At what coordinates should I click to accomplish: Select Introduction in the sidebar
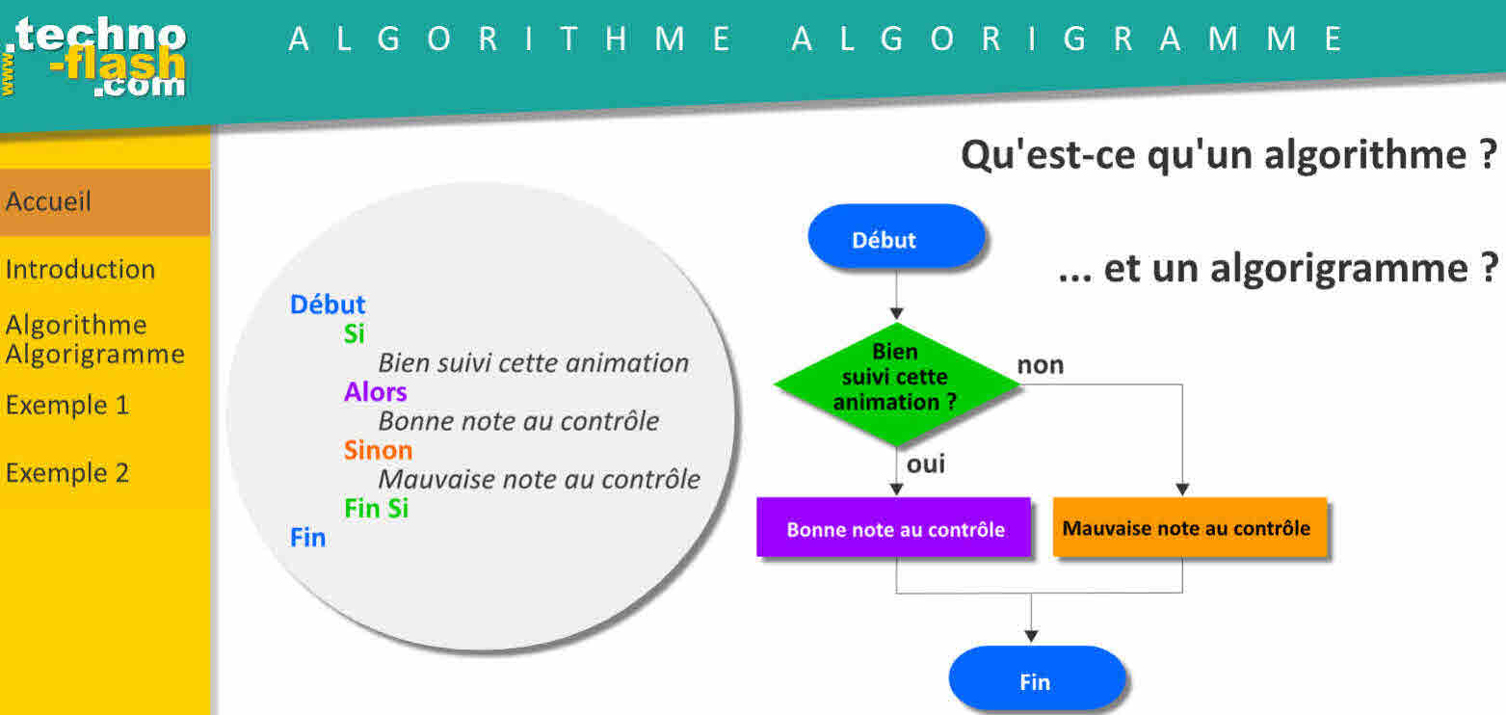coord(81,269)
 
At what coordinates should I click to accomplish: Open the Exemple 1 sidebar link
coord(67,405)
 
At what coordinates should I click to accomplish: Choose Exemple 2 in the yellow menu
coord(67,473)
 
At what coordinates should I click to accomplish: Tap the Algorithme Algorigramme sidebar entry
coord(94,339)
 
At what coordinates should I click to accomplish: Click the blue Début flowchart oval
coord(896,237)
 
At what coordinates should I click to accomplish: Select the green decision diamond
coord(897,384)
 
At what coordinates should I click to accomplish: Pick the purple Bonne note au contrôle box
coord(893,527)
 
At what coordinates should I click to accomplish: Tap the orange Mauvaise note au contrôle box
coord(1190,527)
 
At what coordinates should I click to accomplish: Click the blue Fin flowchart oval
coord(1037,679)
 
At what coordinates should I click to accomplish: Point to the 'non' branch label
coord(1041,365)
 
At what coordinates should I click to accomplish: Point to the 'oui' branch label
coord(926,464)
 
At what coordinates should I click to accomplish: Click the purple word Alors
coord(375,391)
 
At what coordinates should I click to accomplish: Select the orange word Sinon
coord(378,450)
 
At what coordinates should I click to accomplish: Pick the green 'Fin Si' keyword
coord(376,509)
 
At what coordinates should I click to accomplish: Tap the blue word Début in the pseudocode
coord(328,305)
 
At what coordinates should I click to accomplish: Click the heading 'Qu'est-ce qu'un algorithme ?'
coord(1229,155)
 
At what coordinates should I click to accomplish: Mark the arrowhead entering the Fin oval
coord(1031,636)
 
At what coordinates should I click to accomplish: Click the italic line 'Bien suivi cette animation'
coord(533,363)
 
